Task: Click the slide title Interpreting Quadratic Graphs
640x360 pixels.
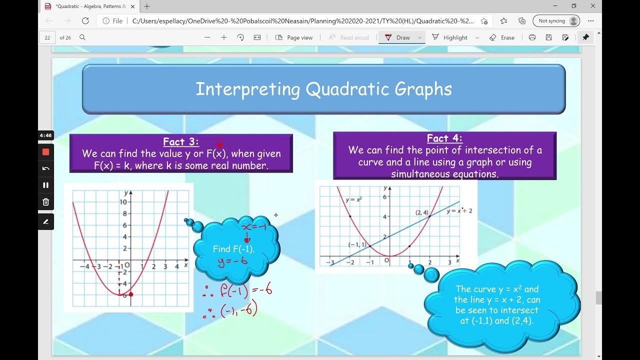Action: (323, 89)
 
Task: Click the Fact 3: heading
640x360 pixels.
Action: (180, 141)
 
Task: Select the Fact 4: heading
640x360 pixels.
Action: (444, 138)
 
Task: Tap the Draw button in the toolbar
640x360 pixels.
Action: (398, 37)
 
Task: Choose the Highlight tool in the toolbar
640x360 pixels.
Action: (449, 37)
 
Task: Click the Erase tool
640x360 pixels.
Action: (502, 37)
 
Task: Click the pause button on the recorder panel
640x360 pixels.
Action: (46, 185)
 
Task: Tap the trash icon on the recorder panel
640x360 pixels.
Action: (46, 202)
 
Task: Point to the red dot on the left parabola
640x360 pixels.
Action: (131, 294)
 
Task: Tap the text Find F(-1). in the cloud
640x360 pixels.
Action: (233, 249)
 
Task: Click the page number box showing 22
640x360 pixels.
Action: (47, 37)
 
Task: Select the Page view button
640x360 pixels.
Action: (294, 37)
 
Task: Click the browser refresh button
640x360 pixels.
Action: (85, 21)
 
